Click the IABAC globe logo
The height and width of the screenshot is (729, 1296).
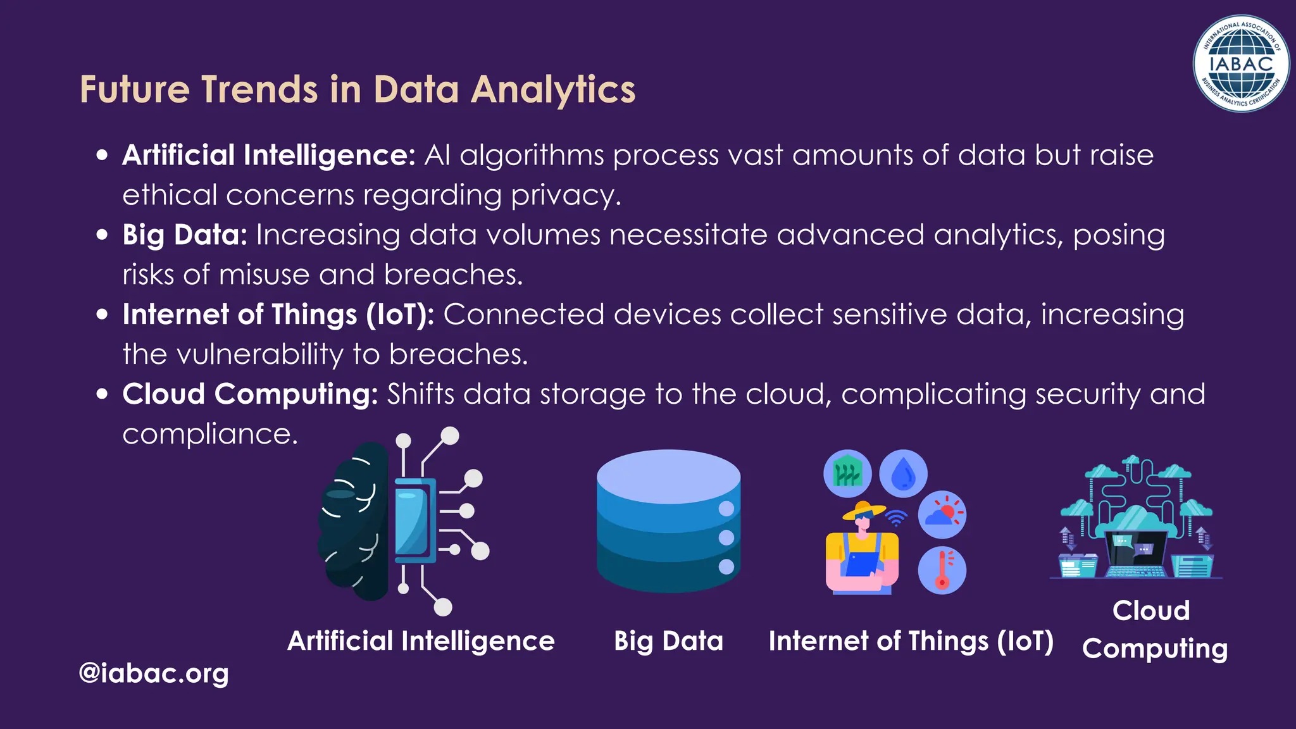click(x=1240, y=63)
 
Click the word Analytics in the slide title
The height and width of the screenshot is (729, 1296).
click(x=553, y=90)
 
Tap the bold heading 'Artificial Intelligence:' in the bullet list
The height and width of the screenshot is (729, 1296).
click(x=268, y=155)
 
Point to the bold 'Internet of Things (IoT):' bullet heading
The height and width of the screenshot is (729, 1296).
click(x=278, y=315)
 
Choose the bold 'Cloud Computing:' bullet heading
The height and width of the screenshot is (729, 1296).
click(x=250, y=394)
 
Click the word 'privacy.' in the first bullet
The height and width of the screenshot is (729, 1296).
click(x=566, y=195)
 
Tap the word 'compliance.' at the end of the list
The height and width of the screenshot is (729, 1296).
click(x=209, y=434)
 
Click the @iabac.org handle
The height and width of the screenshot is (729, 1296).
click(x=153, y=673)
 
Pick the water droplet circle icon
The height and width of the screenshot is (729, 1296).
click(x=904, y=473)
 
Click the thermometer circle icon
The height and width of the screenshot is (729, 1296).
click(x=942, y=570)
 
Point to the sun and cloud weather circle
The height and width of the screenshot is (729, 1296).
click(x=942, y=514)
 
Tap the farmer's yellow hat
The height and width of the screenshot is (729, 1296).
click(x=863, y=509)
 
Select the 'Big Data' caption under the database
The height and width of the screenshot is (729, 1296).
click(x=668, y=641)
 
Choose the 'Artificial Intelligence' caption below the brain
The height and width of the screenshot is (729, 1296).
click(x=421, y=641)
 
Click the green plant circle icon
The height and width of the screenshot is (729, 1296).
click(x=847, y=473)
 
